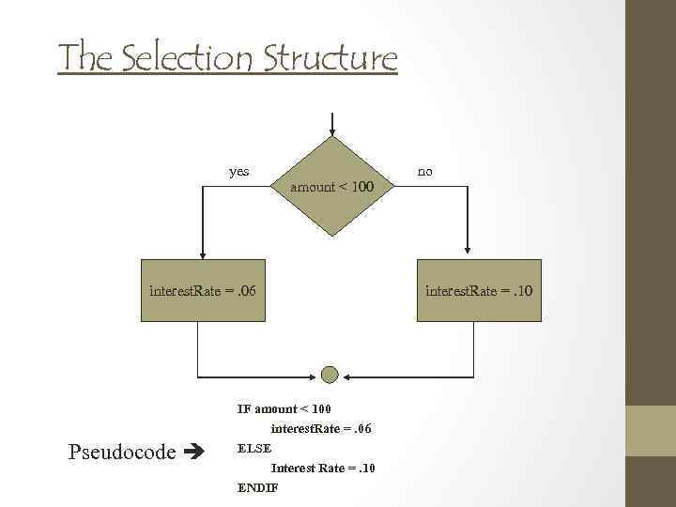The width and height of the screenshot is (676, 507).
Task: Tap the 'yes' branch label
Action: coord(239,172)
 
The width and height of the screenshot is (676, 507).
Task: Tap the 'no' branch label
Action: coord(425,172)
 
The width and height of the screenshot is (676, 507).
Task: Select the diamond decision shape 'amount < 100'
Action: coord(331,187)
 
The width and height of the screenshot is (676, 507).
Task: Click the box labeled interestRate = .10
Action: coord(479,290)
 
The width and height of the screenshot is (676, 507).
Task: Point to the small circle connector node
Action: coord(330,375)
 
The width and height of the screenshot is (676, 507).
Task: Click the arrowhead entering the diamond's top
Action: coord(331,131)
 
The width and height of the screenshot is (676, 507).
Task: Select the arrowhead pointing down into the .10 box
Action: coord(467,251)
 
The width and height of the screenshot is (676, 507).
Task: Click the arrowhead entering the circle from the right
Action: coord(345,375)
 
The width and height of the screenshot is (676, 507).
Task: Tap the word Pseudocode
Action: coord(122,453)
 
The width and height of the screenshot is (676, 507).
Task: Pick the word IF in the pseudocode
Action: coord(243,409)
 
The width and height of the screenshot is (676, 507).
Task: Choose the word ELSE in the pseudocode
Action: coord(254,449)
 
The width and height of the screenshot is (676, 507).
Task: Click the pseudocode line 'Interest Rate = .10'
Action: coord(323,469)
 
